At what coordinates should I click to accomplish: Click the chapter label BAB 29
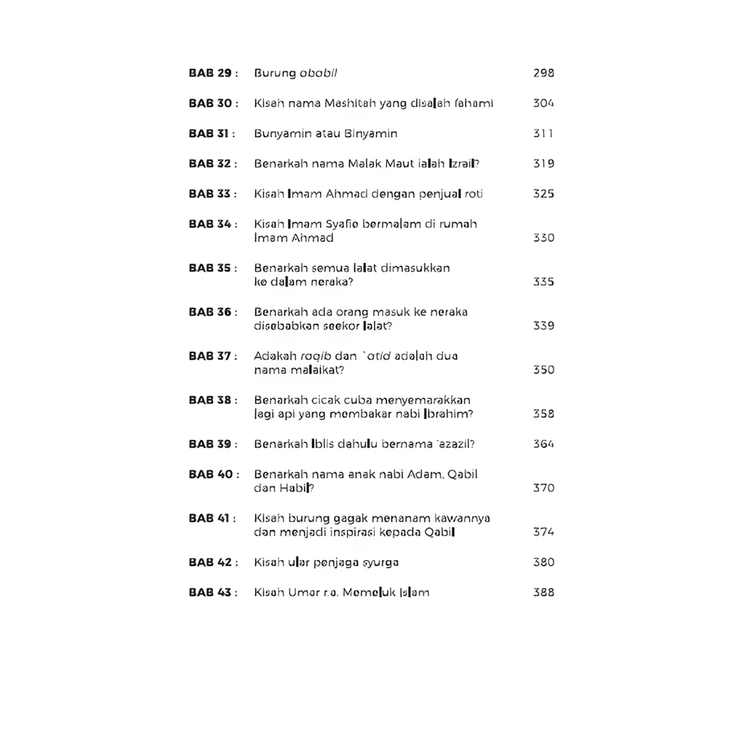coord(210,73)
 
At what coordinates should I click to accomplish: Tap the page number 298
coord(543,73)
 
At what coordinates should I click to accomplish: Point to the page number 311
coord(543,134)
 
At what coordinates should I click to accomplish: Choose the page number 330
coord(543,238)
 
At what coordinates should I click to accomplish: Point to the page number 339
coord(543,326)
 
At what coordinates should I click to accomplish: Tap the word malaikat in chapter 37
coord(317,370)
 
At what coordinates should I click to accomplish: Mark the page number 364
coord(543,444)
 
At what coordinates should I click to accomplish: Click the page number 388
coord(543,592)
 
